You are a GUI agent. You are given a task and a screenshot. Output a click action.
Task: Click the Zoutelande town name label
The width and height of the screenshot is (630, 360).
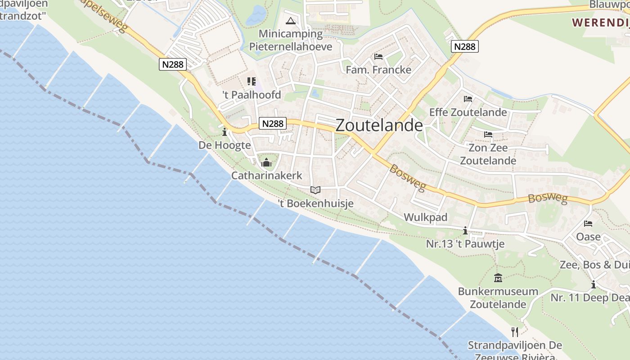pos(379,126)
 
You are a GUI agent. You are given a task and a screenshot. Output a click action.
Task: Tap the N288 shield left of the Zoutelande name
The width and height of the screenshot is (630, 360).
pos(273,123)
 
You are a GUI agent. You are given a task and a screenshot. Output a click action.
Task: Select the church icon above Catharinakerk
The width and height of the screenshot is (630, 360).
pos(266,162)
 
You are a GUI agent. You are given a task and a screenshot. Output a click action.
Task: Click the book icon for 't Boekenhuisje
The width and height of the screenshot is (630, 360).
pos(315,190)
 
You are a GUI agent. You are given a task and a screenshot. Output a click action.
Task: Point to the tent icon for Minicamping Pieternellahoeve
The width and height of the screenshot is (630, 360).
pos(291,21)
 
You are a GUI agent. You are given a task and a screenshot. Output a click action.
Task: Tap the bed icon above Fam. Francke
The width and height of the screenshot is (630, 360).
pos(378,57)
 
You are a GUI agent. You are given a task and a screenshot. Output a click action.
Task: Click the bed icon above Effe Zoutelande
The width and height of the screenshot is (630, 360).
pos(468,99)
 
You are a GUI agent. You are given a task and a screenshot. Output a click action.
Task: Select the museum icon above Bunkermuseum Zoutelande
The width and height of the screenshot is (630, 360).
pos(498,278)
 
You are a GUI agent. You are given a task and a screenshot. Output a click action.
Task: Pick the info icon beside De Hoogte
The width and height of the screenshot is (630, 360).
pos(225,132)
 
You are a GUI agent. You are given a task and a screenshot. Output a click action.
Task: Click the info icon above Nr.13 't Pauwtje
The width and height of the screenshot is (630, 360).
pos(465,231)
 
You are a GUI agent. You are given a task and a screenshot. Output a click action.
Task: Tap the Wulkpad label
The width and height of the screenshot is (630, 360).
pos(425,217)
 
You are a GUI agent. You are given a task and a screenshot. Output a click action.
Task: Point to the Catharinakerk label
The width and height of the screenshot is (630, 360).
pos(266,175)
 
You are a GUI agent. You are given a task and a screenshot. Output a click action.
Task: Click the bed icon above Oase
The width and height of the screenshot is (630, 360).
pos(588,224)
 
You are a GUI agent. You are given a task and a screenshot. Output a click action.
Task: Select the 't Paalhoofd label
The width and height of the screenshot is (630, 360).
pos(252,95)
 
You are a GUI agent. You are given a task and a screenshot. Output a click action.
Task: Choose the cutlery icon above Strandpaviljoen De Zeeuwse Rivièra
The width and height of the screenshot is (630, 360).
pos(515,332)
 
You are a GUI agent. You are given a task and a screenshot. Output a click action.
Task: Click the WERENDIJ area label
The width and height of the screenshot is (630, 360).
pos(600,22)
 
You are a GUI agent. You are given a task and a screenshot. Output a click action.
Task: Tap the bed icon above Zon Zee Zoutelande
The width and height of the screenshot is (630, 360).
pos(488,135)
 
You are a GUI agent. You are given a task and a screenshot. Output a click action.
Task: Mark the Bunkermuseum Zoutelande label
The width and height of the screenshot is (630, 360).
pos(498,298)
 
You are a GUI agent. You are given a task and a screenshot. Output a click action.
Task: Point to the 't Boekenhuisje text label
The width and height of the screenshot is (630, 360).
pos(315,204)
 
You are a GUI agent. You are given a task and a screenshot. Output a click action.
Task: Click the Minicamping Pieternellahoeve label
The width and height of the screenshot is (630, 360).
pos(291,40)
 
